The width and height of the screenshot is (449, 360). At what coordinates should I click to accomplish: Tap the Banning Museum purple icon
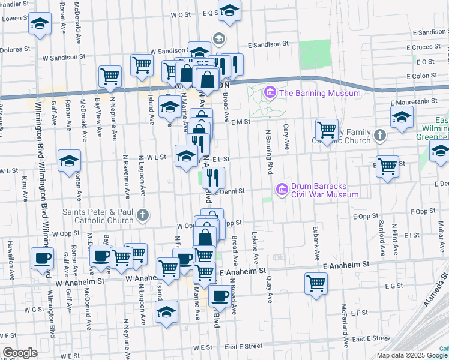pyautogui.click(x=270, y=93)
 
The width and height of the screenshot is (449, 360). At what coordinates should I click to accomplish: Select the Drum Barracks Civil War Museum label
pyautogui.click(x=325, y=190)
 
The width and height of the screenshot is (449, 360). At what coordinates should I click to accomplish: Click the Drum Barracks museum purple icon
pyautogui.click(x=282, y=190)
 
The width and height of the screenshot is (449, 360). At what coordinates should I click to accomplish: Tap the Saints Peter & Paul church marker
pyautogui.click(x=143, y=214)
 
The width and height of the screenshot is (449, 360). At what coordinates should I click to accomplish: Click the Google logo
pyautogui.click(x=19, y=353)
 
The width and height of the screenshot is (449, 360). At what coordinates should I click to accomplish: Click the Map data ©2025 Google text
pyautogui.click(x=411, y=355)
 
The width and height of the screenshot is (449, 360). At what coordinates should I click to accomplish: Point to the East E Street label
pyautogui.click(x=244, y=346)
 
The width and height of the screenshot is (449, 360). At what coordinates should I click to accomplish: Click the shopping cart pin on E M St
pyautogui.click(x=327, y=130)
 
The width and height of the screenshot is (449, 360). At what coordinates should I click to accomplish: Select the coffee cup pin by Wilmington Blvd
pyautogui.click(x=42, y=258)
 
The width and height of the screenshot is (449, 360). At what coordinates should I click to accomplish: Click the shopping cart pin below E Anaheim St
pyautogui.click(x=316, y=283)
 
